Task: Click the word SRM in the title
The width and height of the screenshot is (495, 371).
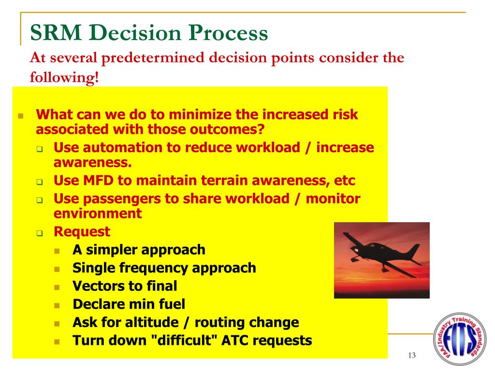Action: click(56, 32)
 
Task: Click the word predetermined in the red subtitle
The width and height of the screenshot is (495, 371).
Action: click(153, 58)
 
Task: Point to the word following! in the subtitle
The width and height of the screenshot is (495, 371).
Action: click(64, 77)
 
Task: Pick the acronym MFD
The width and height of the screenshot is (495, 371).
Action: click(98, 181)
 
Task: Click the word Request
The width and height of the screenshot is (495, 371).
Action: click(82, 232)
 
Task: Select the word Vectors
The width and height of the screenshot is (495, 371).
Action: click(98, 286)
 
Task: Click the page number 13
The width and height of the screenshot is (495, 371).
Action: click(412, 356)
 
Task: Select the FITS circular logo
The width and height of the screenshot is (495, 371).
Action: click(460, 339)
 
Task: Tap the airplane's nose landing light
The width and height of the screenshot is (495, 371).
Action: click(356, 250)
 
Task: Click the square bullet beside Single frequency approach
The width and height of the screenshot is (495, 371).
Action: click(57, 269)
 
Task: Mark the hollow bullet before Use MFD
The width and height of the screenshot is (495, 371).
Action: click(40, 182)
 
